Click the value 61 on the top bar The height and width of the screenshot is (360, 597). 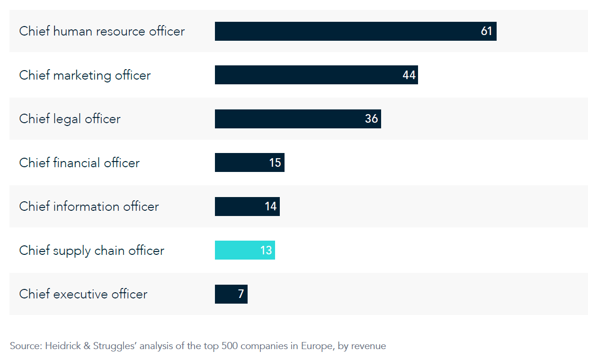pos(486,31)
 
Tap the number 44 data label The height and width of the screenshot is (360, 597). pos(409,75)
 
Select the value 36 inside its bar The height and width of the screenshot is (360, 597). pos(371,119)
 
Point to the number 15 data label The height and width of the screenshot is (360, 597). pos(275,163)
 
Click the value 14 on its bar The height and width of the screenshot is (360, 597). pos(270,207)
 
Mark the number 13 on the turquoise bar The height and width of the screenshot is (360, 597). pos(266,251)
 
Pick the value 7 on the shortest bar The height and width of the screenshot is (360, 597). pos(241,294)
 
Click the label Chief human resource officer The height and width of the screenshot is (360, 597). pos(102,31)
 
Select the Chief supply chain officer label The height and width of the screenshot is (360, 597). pos(91,250)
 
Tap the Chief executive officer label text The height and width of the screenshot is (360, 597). pos(83,294)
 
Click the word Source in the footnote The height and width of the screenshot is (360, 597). pos(26,346)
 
